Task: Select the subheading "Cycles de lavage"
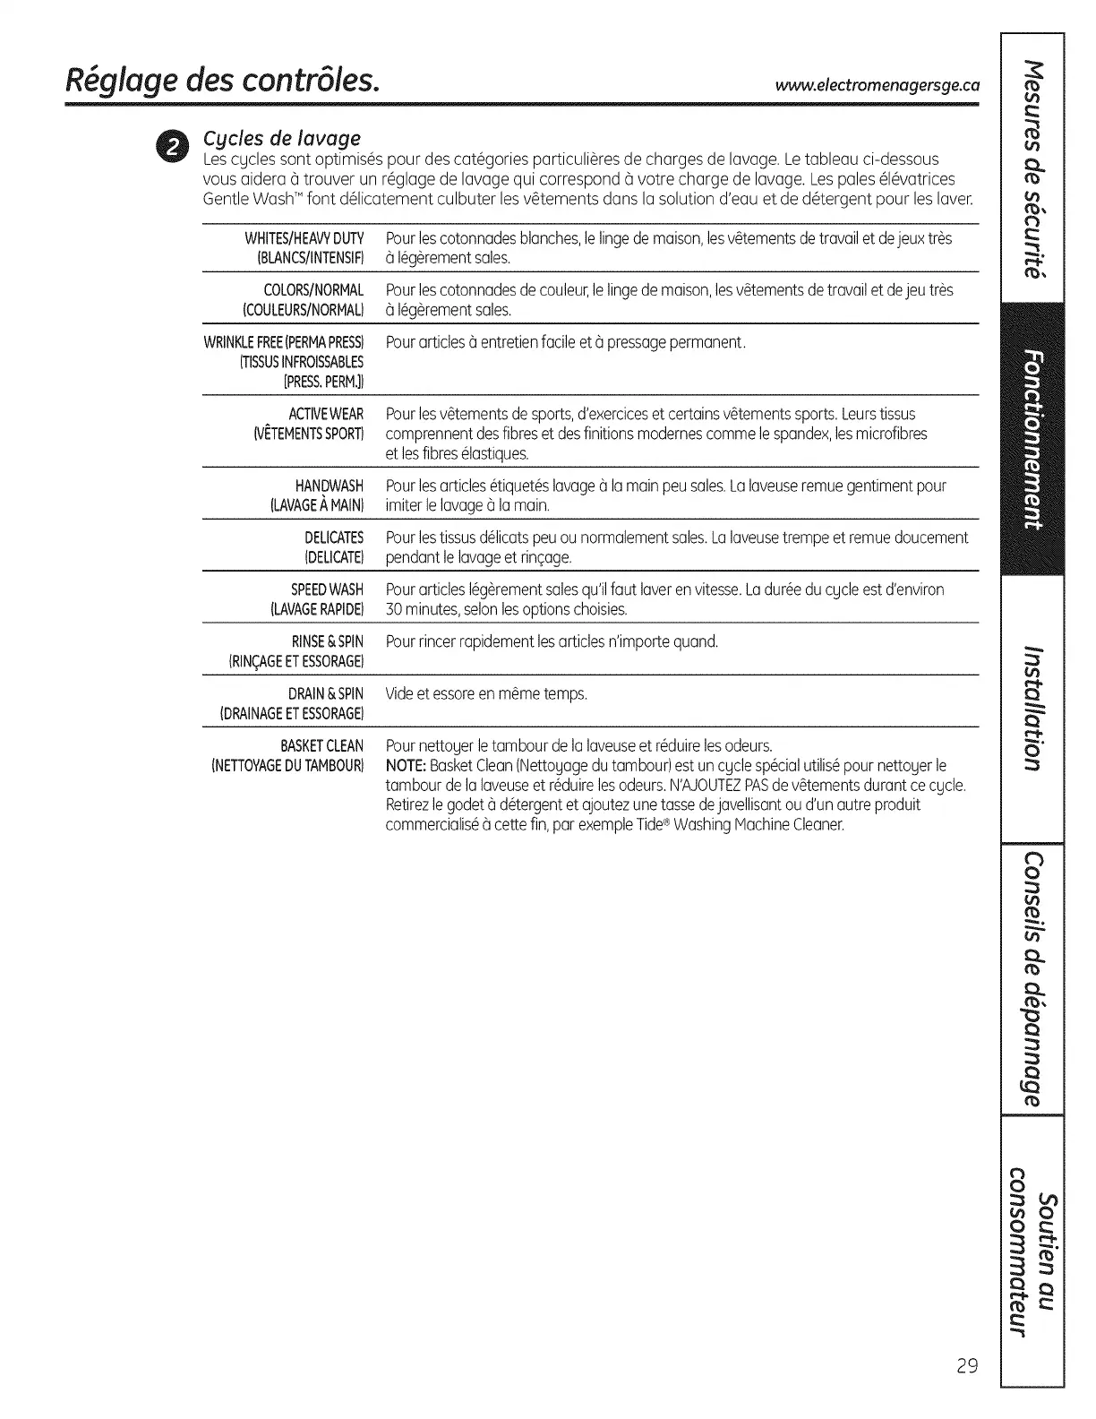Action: pos(282,138)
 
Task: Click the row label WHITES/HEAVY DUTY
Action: pos(304,238)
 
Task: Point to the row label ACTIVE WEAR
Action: pos(326,414)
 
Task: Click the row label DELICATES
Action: pos(334,537)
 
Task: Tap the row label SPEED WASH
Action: pos(327,589)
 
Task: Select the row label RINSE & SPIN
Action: pos(328,641)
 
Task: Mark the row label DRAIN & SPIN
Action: pos(326,693)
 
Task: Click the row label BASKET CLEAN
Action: pos(321,745)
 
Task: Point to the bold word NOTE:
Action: pos(406,765)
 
